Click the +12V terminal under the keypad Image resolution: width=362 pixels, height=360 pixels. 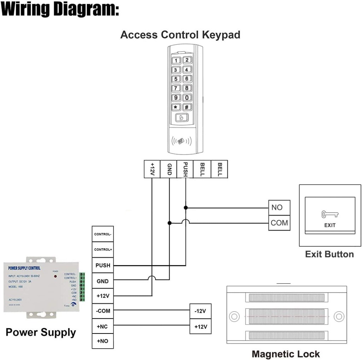point(152,169)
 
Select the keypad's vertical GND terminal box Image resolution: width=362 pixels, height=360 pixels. point(169,169)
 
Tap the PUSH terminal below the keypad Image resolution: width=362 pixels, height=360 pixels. point(185,169)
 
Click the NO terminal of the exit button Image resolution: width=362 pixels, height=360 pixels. point(279,208)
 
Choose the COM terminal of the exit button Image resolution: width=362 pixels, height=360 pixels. point(279,223)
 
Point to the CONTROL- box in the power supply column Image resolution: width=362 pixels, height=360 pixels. point(103,234)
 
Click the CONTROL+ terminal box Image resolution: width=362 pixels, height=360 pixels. point(103,250)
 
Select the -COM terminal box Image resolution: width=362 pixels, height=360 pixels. point(103,311)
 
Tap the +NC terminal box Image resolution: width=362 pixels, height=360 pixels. point(103,327)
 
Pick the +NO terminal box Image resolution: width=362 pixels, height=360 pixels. point(103,342)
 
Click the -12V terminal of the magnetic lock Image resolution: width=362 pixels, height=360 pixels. point(200,311)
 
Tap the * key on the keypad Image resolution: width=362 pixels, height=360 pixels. point(176,107)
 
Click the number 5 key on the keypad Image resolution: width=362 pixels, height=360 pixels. point(176,79)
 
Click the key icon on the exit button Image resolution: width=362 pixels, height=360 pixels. point(329,214)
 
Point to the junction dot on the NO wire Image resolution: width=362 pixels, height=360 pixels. point(186,208)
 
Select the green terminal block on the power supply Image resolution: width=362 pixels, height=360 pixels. point(82,287)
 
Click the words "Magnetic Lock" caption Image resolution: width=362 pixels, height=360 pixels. point(286,354)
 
